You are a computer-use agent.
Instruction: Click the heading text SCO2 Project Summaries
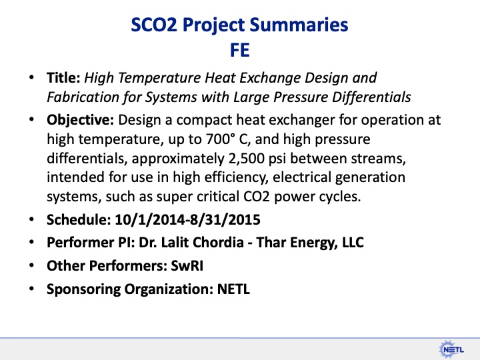(240, 25)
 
